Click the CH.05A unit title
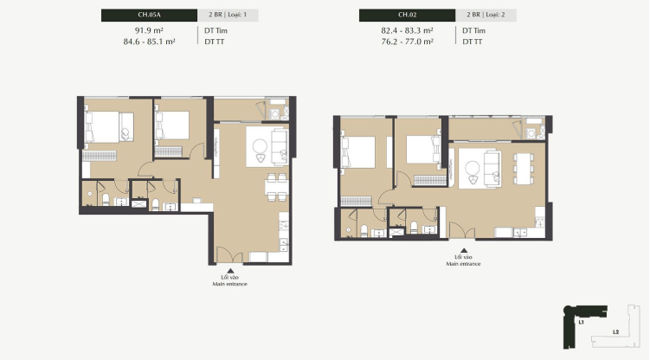[x=149, y=15]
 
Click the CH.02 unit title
[x=407, y=15]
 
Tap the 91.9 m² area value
[x=149, y=30]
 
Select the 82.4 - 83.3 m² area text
[x=407, y=30]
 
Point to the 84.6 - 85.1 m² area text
[x=149, y=42]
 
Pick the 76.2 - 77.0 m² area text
[x=407, y=42]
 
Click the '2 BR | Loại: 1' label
[x=228, y=15]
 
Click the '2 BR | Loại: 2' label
[x=486, y=15]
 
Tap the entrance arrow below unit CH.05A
[x=230, y=271]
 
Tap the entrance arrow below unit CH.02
[x=464, y=250]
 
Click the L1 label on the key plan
[x=581, y=322]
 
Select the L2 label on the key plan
[x=615, y=331]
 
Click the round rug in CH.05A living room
[x=260, y=146]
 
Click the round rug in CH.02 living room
[x=473, y=168]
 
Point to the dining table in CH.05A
[x=277, y=188]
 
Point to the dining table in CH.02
[x=524, y=169]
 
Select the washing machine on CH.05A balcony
[x=275, y=114]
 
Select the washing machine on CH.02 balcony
[x=531, y=133]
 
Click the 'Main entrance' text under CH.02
[x=463, y=264]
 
